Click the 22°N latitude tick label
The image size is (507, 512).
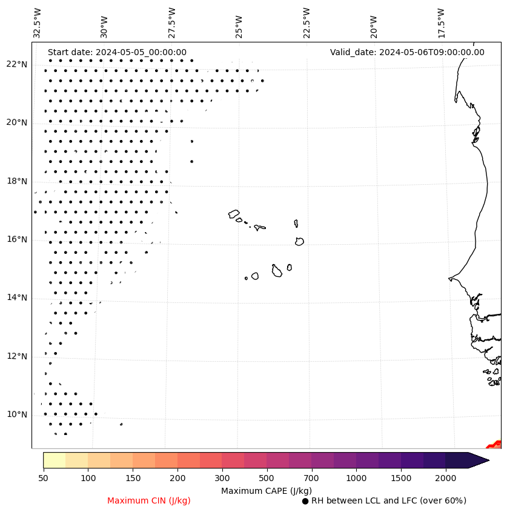[17, 64]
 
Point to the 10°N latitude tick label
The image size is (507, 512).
[17, 414]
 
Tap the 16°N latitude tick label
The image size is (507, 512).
[17, 239]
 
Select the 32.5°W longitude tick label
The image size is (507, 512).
[38, 22]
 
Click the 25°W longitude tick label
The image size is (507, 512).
[239, 25]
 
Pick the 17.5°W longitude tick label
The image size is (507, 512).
[442, 22]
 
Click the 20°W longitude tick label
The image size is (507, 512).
[374, 25]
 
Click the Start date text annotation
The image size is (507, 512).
[117, 52]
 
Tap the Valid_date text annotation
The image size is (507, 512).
[407, 52]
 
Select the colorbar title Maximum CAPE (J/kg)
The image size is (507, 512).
[266, 490]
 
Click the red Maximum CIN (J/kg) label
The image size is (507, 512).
[149, 500]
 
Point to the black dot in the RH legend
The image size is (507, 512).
[305, 501]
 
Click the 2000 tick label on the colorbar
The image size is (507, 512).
[446, 478]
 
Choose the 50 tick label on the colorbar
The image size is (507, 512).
[43, 478]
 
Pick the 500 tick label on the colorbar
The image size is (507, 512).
[267, 478]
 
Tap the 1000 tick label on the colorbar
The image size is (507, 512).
[356, 478]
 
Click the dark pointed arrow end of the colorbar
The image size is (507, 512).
[478, 460]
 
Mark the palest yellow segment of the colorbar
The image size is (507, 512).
[55, 460]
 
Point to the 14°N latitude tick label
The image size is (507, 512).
[17, 298]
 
